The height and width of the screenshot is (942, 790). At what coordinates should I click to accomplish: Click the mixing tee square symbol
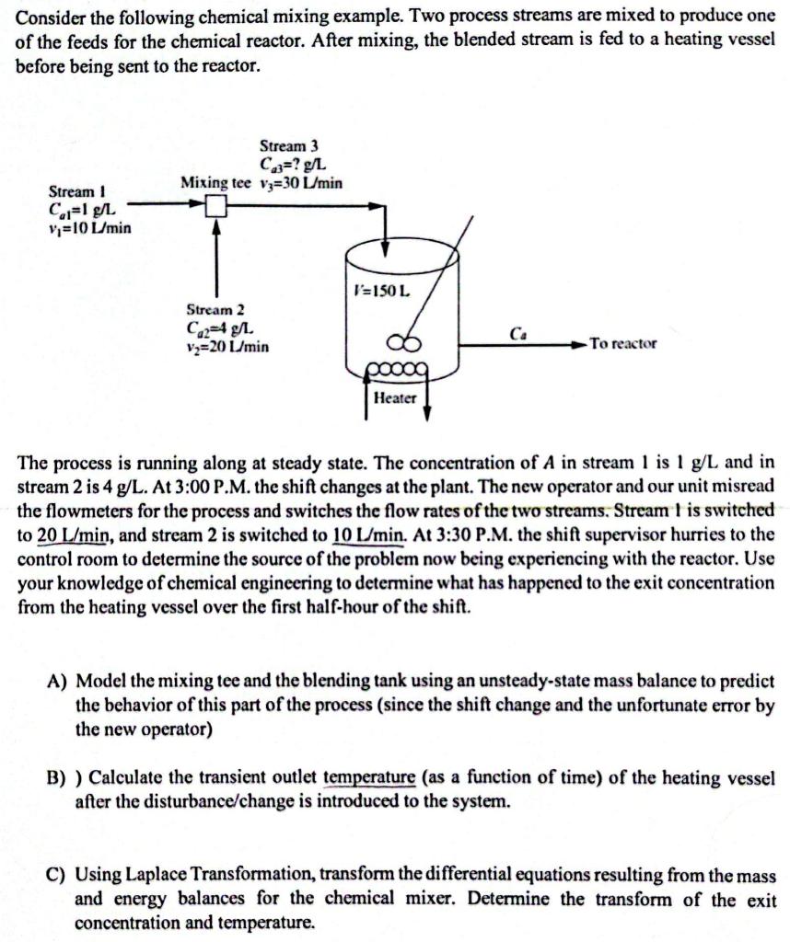click(215, 206)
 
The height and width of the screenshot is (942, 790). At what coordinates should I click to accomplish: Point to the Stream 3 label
click(289, 146)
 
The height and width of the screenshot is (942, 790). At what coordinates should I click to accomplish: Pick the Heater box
click(394, 397)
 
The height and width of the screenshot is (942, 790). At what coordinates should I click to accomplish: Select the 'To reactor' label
click(623, 343)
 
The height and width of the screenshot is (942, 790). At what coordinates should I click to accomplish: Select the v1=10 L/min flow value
click(89, 227)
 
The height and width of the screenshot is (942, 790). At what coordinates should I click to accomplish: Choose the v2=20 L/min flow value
click(227, 347)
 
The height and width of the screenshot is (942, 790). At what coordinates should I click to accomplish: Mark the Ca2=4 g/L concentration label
click(221, 328)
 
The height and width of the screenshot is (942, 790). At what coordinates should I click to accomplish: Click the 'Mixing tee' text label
click(215, 183)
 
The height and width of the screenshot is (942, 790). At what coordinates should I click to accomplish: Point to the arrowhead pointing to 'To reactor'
click(577, 344)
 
